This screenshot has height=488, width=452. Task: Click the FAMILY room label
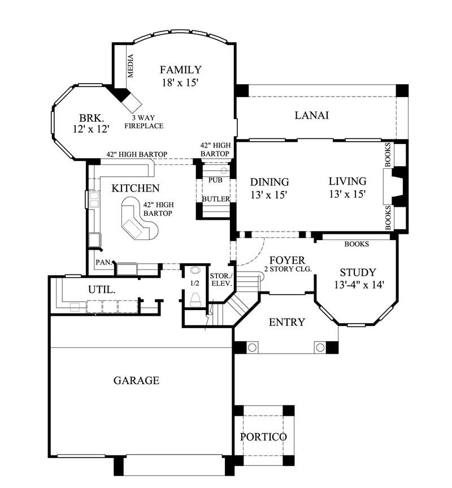(x=180, y=70)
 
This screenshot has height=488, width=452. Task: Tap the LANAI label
(x=312, y=115)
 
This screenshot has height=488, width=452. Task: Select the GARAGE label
(x=136, y=380)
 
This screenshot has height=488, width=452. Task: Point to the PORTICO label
(x=263, y=437)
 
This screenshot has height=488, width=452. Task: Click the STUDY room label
(x=357, y=272)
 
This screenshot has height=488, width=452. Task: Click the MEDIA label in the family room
(x=131, y=66)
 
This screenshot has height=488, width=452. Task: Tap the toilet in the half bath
(x=195, y=298)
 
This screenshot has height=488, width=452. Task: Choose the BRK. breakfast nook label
(x=90, y=118)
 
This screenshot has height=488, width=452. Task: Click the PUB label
(x=215, y=180)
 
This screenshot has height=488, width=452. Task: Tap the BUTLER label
(x=215, y=199)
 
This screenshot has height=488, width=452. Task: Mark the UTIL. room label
(x=102, y=289)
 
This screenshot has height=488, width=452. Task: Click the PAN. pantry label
(x=103, y=262)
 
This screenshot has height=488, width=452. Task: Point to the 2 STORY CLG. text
(x=288, y=269)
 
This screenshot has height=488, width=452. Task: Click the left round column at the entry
(x=253, y=346)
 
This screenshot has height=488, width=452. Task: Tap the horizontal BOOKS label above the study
(x=357, y=244)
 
